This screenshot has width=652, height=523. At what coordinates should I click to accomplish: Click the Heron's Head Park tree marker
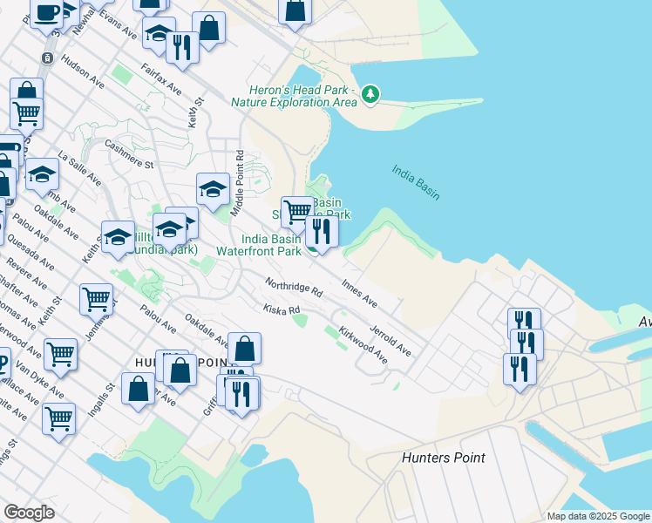pos(370,93)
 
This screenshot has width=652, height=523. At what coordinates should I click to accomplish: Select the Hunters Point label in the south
pos(443,458)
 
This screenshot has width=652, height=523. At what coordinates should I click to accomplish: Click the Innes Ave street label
pos(360,294)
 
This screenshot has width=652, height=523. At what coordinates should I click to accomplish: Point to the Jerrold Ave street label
pos(390,340)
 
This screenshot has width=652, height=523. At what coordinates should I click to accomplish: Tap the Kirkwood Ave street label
pos(363,345)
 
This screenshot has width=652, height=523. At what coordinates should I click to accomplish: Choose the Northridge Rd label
pos(295,286)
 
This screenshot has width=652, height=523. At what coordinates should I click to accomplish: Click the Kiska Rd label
pos(282,309)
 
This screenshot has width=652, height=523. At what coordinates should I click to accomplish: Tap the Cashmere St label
pos(128,153)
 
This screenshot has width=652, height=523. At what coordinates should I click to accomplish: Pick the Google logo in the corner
pos(29,512)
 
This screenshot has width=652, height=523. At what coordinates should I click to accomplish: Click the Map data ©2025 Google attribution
pos(596,516)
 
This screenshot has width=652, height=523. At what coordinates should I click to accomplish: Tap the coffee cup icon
pos(46,13)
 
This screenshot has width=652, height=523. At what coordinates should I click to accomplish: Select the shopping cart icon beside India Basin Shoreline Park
pos(298,211)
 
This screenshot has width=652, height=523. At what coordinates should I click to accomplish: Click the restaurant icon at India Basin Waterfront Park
pos(322,231)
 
